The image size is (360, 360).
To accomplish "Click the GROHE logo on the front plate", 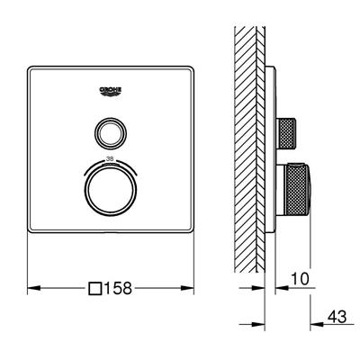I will tap(112, 91).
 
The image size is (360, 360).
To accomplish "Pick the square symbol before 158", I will tap(96, 289).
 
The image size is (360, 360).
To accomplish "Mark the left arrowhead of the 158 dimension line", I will tap(32, 289).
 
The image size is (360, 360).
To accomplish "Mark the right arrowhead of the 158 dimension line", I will tap(192, 289).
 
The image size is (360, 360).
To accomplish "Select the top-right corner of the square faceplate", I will tap(194, 67).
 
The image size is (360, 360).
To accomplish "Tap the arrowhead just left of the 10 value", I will tap(281, 289).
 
